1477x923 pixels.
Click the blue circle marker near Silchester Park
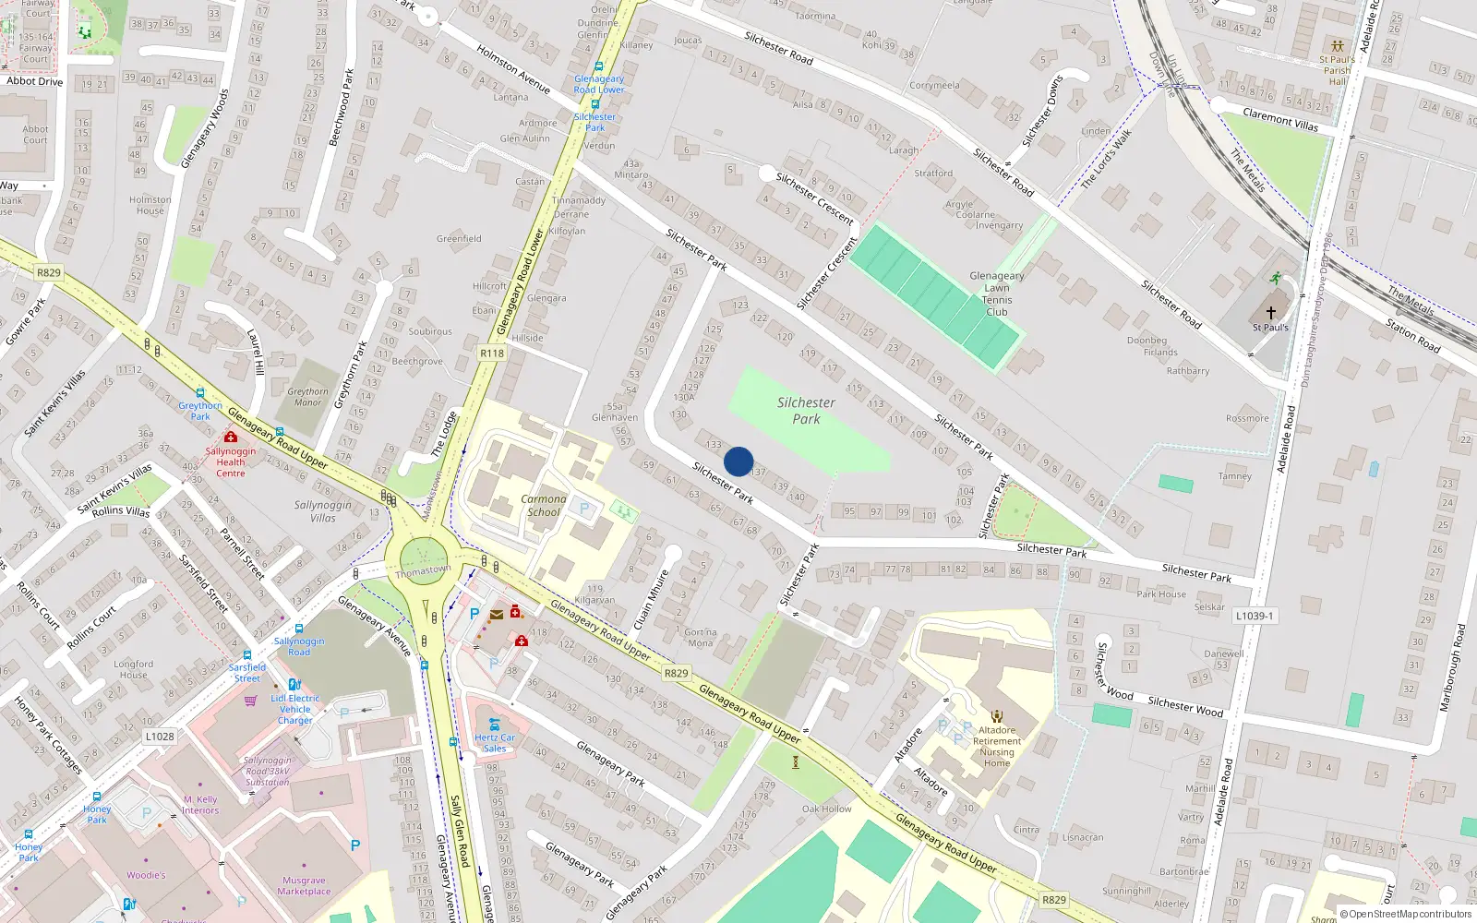738,461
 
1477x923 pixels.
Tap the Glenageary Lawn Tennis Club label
996,294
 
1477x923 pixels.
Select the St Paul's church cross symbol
1270,313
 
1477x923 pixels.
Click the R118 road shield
492,354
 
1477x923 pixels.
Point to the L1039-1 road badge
1255,616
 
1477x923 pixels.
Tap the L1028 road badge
160,737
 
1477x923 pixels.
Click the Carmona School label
544,505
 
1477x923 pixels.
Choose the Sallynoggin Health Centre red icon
231,437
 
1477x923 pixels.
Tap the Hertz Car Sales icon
495,725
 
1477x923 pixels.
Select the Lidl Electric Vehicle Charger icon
294,685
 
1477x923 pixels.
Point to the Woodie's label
146,875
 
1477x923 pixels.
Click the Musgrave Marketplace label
304,886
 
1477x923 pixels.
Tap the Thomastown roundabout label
424,571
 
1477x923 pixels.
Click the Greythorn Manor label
307,397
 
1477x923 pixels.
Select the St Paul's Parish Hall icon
1337,45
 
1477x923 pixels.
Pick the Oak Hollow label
826,809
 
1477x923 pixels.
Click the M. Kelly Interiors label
200,805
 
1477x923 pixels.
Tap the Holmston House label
150,205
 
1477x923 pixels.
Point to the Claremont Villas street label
1280,119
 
